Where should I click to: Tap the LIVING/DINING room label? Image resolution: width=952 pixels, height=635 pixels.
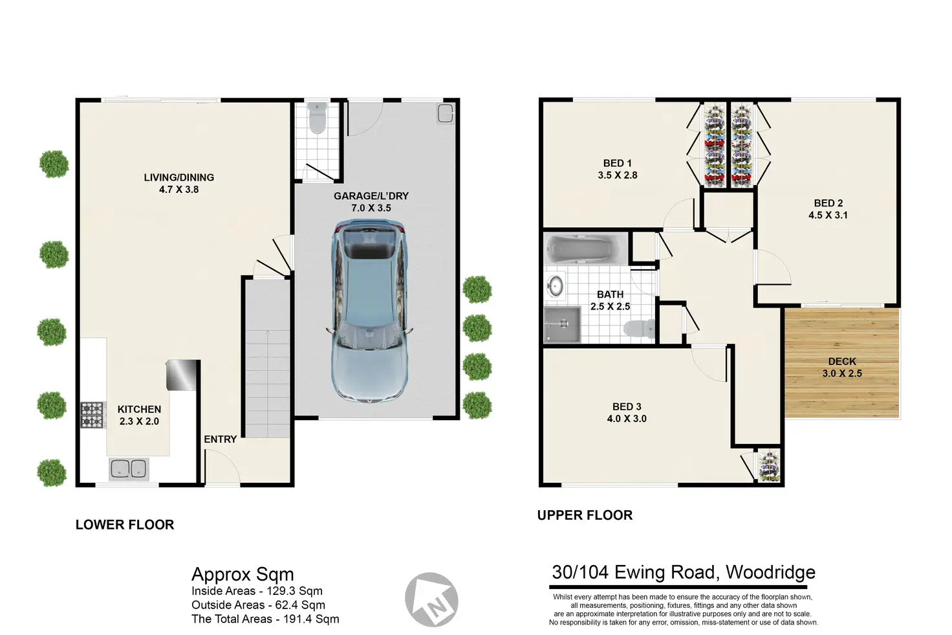pyautogui.click(x=179, y=177)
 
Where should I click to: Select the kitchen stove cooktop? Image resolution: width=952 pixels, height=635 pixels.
pyautogui.click(x=92, y=415)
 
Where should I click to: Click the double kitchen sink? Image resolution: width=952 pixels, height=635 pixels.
pyautogui.click(x=129, y=469)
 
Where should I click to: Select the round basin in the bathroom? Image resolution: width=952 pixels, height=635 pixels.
pyautogui.click(x=555, y=285)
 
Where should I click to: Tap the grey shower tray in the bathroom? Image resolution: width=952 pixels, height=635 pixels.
pyautogui.click(x=562, y=324)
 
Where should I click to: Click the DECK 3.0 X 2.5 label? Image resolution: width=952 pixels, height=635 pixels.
pyautogui.click(x=842, y=368)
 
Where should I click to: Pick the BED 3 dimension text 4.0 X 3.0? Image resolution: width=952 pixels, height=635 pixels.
pyautogui.click(x=627, y=419)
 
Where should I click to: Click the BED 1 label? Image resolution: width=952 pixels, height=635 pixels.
pyautogui.click(x=618, y=163)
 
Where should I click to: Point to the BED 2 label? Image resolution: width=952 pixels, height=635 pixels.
pyautogui.click(x=828, y=203)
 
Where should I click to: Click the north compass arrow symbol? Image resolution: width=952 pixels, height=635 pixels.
pyautogui.click(x=431, y=599)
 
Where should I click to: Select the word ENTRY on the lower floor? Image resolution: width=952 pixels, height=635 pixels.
pyautogui.click(x=220, y=440)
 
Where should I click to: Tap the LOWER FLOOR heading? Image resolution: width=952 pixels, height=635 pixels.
pyautogui.click(x=125, y=524)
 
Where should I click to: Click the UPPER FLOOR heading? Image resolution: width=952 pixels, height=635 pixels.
pyautogui.click(x=585, y=515)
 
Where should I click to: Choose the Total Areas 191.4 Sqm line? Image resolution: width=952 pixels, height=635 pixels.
pyautogui.click(x=265, y=619)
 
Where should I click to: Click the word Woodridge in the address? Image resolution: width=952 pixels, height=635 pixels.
pyautogui.click(x=770, y=572)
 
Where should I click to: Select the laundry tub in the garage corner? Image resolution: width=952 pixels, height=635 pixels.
pyautogui.click(x=446, y=113)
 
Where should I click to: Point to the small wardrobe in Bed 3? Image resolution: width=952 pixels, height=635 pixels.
pyautogui.click(x=769, y=466)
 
